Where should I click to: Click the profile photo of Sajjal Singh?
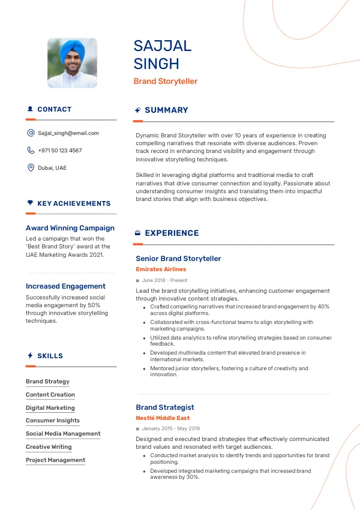(72, 63)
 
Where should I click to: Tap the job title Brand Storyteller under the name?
(165, 81)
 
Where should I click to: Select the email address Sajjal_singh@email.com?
(68, 133)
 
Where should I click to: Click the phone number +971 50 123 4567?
(59, 151)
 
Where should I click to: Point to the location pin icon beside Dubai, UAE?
(31, 167)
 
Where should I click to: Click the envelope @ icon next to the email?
(31, 133)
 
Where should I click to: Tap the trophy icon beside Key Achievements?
(30, 203)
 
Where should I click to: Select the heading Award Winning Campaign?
(70, 228)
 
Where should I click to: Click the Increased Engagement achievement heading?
(65, 286)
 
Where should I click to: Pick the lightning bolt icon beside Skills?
(30, 356)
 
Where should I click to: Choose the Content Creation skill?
(50, 395)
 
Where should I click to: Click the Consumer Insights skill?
(53, 421)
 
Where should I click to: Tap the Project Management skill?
(55, 460)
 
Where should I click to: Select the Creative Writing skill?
(49, 447)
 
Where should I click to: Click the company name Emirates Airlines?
(161, 269)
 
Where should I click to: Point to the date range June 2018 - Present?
(164, 280)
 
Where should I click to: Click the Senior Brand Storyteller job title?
(178, 259)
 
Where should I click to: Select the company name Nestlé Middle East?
(162, 418)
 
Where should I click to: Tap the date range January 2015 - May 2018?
(171, 429)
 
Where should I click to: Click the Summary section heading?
(166, 110)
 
